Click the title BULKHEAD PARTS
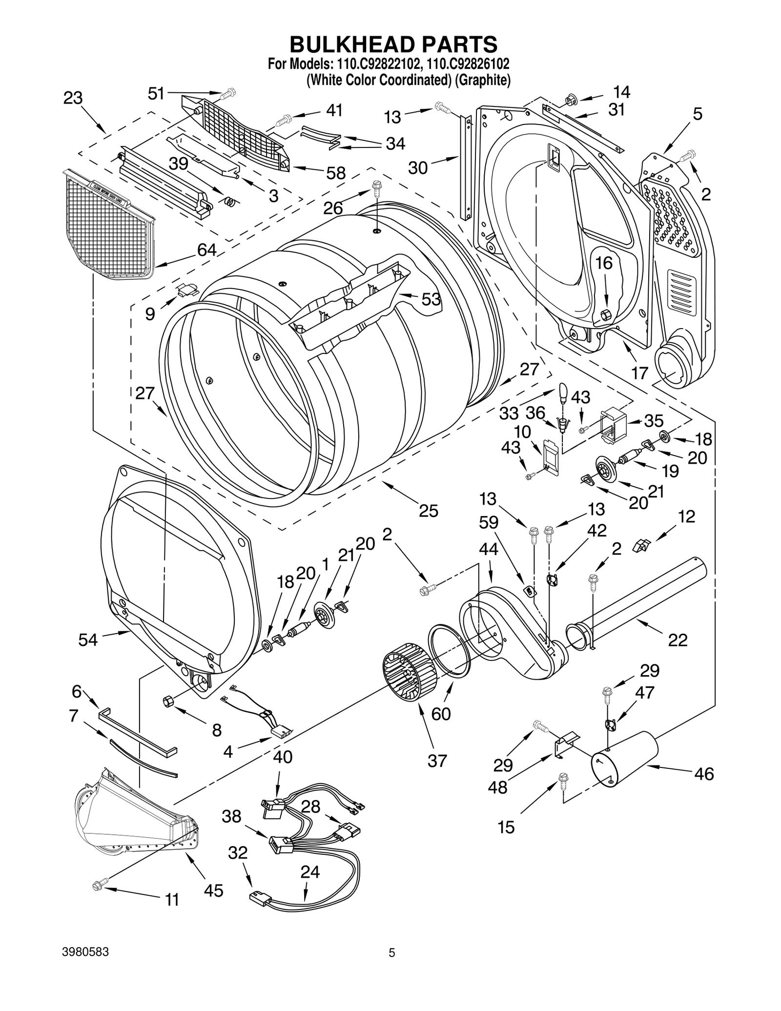[x=393, y=44]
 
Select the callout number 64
[x=206, y=250]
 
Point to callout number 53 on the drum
[x=431, y=299]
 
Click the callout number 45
[x=213, y=890]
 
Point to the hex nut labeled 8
[x=166, y=702]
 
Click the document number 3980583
[x=85, y=966]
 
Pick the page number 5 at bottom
[x=391, y=966]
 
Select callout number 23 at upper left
[x=73, y=98]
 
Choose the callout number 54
[x=88, y=639]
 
